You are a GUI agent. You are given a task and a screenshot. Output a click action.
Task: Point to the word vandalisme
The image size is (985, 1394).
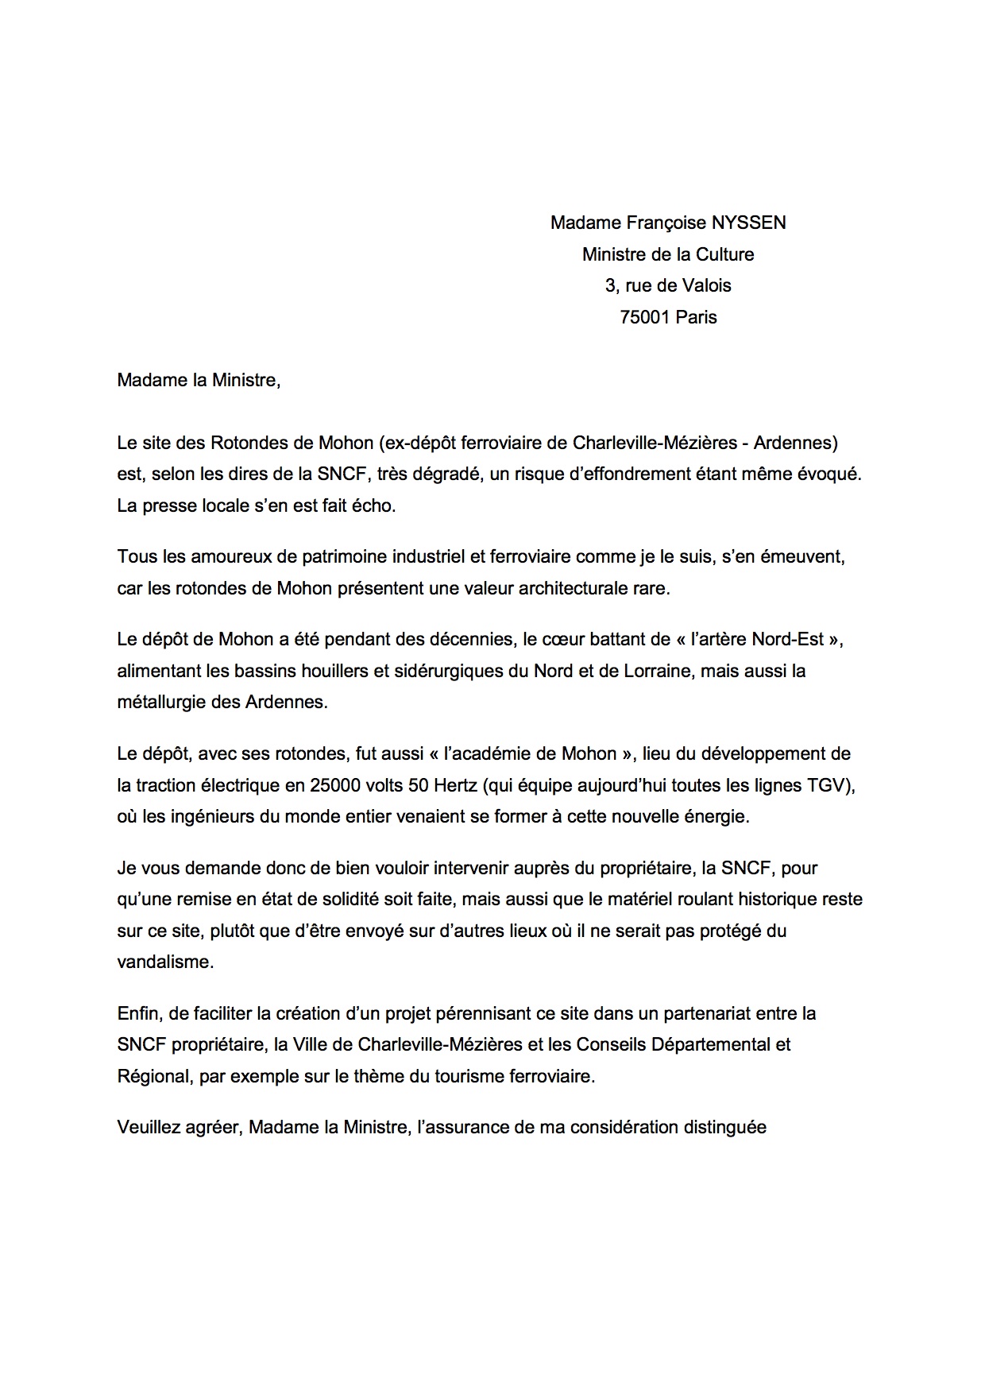(164, 962)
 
